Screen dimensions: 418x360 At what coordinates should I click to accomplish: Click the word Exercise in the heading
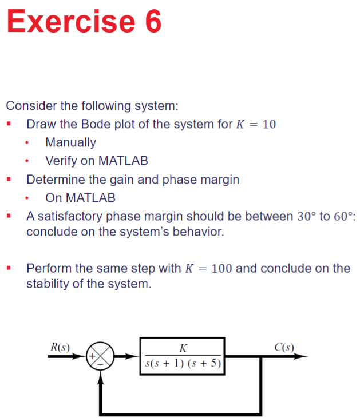tap(67, 22)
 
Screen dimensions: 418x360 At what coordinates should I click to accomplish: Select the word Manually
tap(70, 142)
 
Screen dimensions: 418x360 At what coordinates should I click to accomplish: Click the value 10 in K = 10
tap(269, 124)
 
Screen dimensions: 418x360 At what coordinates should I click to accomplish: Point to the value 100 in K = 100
tap(222, 268)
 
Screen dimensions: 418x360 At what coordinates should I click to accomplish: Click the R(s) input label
tap(60, 347)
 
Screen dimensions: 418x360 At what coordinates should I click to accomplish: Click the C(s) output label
tap(284, 347)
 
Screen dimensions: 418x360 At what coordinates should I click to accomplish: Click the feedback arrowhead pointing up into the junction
tap(101, 375)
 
